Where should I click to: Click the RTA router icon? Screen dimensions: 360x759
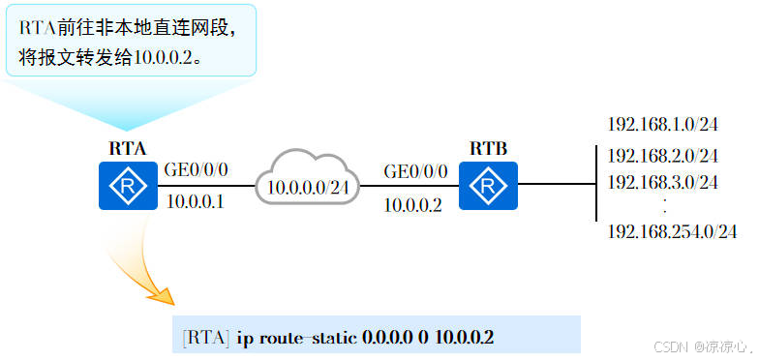(128, 187)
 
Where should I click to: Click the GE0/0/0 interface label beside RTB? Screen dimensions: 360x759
(416, 171)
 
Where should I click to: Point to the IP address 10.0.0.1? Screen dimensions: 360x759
(196, 201)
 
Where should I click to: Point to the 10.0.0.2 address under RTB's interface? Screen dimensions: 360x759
(412, 204)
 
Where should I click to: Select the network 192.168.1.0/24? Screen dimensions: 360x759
(662, 125)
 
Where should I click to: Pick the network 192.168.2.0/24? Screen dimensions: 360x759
(662, 155)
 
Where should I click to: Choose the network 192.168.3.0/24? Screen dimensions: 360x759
(662, 181)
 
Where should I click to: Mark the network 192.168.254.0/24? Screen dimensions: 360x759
(672, 231)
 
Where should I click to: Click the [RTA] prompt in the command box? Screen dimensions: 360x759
(206, 338)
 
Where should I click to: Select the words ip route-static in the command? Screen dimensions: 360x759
(296, 338)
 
